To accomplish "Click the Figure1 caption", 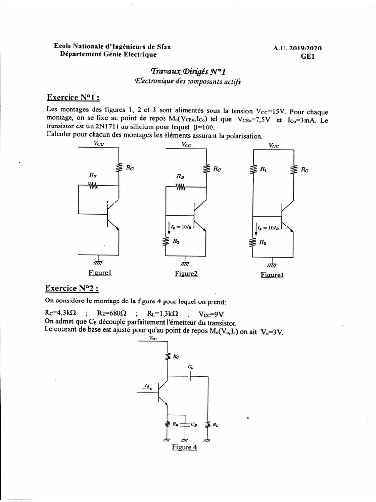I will (100, 272).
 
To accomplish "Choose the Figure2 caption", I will (186, 274).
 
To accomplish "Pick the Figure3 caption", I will (272, 275).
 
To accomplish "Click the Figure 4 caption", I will (184, 447).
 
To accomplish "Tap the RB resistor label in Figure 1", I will (93, 175).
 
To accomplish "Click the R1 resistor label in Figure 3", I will (264, 170).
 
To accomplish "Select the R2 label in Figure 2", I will (176, 241).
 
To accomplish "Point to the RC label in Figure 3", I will (305, 170).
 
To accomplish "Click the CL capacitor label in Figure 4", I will (190, 367).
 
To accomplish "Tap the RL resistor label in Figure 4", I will (215, 425).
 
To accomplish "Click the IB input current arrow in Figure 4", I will (148, 387).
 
